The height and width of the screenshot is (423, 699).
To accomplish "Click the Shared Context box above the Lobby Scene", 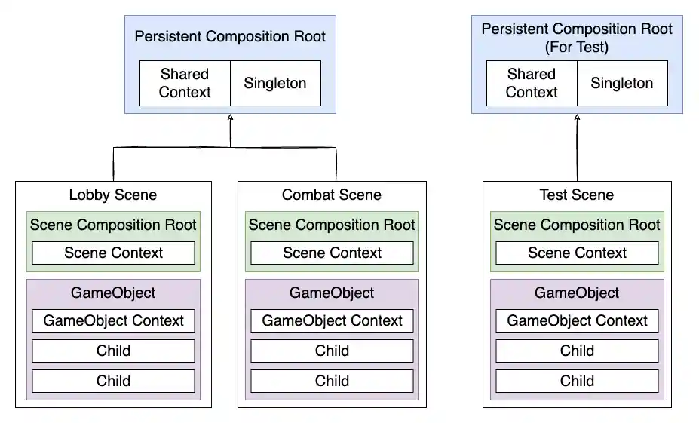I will coord(185,83).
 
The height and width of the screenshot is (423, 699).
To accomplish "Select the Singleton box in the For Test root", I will coord(622,83).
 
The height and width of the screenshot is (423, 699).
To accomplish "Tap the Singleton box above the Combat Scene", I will coord(275,83).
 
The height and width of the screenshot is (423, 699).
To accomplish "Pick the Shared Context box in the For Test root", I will coord(532,83).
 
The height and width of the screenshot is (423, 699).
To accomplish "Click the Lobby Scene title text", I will coord(113,195).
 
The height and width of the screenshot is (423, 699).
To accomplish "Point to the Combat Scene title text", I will coord(332,195).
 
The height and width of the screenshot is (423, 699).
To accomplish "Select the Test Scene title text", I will coord(577,195).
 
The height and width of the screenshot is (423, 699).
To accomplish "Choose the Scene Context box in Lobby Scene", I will coord(113,253).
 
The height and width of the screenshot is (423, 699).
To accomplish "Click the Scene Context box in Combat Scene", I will coord(332,253).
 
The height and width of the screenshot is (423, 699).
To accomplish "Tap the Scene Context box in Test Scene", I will coord(577,253).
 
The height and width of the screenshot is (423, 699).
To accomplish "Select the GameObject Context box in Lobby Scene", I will coord(113,320).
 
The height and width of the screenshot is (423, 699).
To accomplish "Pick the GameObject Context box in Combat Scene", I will coord(332,320).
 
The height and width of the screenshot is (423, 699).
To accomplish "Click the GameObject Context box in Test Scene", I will coord(577,320).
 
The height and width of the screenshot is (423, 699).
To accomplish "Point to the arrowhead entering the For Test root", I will coord(577,118).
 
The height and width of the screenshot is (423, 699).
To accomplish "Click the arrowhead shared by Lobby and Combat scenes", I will coord(230,118).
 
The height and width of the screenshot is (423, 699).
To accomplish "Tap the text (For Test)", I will coord(577,48).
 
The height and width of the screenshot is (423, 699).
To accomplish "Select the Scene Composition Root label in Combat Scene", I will coord(332,225).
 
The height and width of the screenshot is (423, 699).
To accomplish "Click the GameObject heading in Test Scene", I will coord(577,293).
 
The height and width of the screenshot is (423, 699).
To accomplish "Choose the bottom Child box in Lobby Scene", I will coord(113,381).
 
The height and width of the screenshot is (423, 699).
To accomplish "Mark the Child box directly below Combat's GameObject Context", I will coord(332,351).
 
